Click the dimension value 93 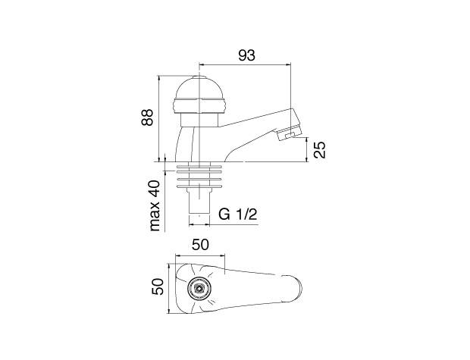(246, 55)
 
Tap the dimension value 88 (148, 117)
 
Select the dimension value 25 (320, 149)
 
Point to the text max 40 (155, 205)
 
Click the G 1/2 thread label (238, 214)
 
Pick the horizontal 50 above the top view (200, 245)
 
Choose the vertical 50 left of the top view (158, 286)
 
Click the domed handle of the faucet (199, 95)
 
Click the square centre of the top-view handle (199, 289)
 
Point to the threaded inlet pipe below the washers (199, 203)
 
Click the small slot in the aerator (290, 136)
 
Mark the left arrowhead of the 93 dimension (202, 64)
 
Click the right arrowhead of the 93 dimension (288, 64)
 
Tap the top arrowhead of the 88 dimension (159, 78)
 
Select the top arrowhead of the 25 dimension (307, 140)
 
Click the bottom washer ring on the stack (199, 186)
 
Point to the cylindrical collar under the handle (199, 121)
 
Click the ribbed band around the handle (199, 106)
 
